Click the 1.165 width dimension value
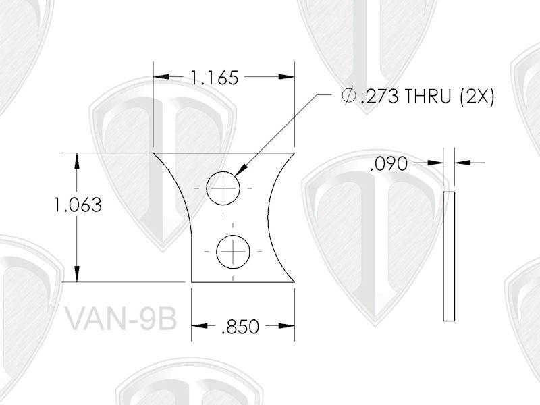click(214, 78)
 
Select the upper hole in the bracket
click(223, 187)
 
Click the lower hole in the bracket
click(233, 252)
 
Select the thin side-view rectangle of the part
click(449, 255)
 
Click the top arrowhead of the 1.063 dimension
click(78, 160)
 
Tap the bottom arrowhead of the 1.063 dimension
click(78, 275)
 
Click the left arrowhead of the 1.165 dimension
click(161, 78)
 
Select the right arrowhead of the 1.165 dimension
click(288, 78)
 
